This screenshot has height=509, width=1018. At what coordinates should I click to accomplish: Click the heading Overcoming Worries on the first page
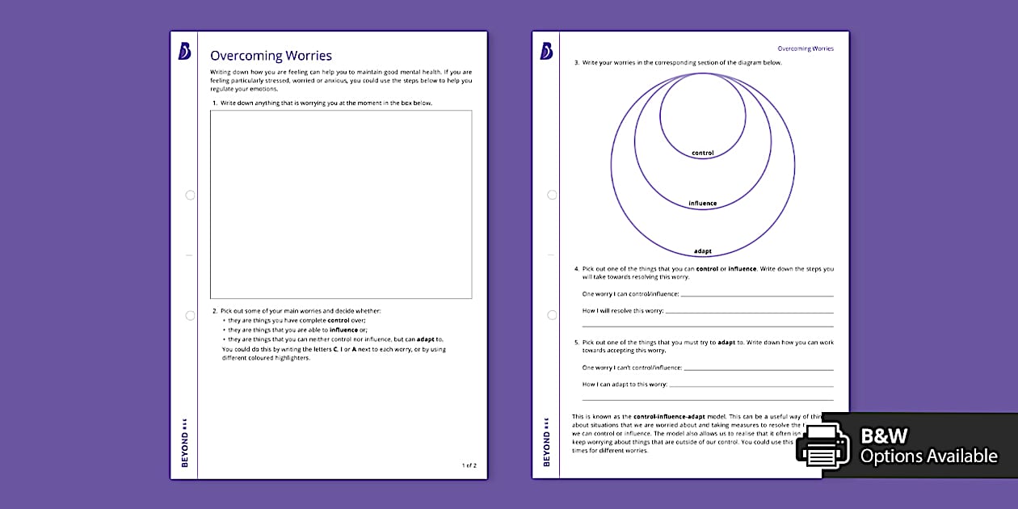click(x=271, y=56)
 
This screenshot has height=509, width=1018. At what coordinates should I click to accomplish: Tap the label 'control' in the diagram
click(x=703, y=153)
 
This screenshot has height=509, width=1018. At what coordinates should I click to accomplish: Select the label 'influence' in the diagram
click(x=703, y=203)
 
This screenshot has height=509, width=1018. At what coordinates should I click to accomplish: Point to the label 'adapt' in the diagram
click(x=703, y=251)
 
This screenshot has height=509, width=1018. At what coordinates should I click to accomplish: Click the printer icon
click(x=823, y=446)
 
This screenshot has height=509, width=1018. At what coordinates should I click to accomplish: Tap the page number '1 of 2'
click(x=469, y=465)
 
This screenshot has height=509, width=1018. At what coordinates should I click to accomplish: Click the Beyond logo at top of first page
click(x=184, y=52)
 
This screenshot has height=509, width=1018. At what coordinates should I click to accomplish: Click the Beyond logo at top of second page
click(x=546, y=52)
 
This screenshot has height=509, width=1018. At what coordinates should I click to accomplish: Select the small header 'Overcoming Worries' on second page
click(x=806, y=48)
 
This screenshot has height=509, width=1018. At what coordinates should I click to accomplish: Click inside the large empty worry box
click(x=341, y=204)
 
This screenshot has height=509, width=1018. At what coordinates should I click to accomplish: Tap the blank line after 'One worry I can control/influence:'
click(x=756, y=295)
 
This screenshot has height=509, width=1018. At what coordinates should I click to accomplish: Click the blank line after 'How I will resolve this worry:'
click(x=749, y=312)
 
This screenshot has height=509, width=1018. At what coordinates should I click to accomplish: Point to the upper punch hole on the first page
click(x=190, y=195)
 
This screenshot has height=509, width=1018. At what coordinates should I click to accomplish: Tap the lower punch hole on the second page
click(x=552, y=315)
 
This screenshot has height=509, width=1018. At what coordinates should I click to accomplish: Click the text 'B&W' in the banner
click(x=885, y=436)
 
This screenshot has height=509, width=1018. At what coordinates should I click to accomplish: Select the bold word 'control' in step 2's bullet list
click(x=339, y=320)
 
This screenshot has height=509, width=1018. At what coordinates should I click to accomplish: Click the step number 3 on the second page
click(x=576, y=62)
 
